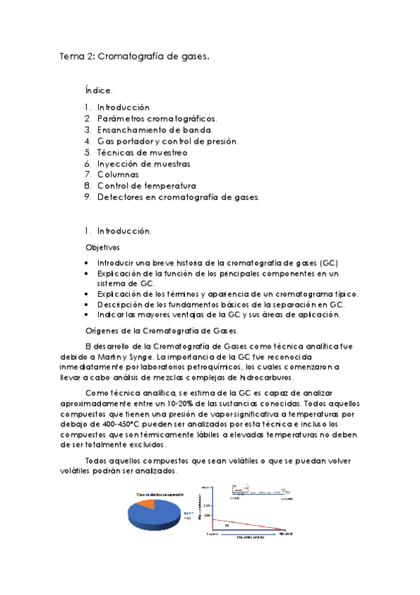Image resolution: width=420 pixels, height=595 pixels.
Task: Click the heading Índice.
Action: coord(97,91)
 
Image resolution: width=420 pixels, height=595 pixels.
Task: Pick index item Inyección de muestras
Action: coord(144,163)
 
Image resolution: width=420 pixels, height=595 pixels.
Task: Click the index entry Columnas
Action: coord(118,175)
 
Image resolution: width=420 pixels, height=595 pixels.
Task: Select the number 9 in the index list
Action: coord(86,197)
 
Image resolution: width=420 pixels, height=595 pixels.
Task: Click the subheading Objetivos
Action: coord(102,247)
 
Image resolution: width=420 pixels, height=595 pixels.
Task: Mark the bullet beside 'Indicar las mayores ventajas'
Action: coord(87,314)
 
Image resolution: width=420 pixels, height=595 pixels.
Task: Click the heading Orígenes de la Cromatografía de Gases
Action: coord(161,330)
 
